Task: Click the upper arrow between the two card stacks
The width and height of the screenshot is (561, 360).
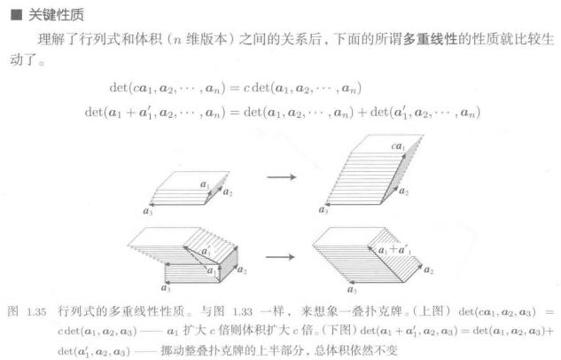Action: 281,176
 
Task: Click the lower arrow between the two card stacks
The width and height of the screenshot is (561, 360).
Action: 281,257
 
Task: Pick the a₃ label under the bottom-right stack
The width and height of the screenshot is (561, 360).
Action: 352,289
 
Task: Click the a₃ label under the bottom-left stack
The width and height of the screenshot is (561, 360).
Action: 166,289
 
